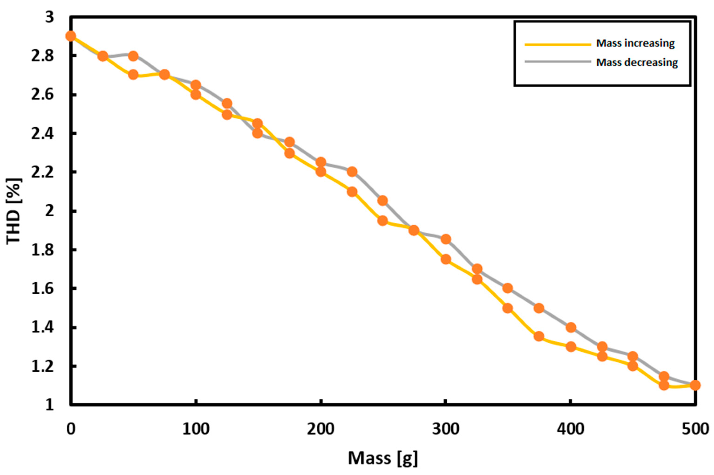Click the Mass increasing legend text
pos(635,43)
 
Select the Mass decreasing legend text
pos(637,62)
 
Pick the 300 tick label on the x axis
pos(445,430)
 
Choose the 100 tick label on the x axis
pos(196,430)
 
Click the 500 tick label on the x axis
pos(695,430)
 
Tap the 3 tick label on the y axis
pos(49,17)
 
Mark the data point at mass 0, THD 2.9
pos(71,36)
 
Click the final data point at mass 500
pos(695,385)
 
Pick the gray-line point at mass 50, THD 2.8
pos(133,56)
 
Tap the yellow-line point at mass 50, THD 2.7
pos(133,75)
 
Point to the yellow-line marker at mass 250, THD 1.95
pos(383,221)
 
